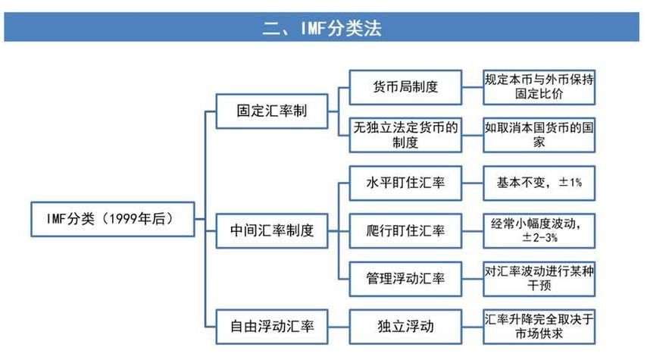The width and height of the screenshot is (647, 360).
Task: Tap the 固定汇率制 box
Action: pyautogui.click(x=261, y=111)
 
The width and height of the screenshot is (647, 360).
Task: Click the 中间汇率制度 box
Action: pyautogui.click(x=271, y=230)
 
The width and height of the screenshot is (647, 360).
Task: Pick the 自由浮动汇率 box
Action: pyautogui.click(x=271, y=327)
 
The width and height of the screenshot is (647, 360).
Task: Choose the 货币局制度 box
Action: pyautogui.click(x=406, y=86)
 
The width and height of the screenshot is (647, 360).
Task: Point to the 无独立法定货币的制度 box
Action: pyautogui.click(x=406, y=134)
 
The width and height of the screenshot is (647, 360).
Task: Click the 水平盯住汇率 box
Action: pyautogui.click(x=406, y=183)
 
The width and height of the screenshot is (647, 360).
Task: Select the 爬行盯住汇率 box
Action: pyautogui.click(x=406, y=230)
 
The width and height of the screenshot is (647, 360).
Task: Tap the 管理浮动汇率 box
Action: pyautogui.click(x=406, y=278)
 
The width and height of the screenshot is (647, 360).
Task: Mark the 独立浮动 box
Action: pyautogui.click(x=406, y=327)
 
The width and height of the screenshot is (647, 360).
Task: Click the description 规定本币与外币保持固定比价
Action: pyautogui.click(x=539, y=86)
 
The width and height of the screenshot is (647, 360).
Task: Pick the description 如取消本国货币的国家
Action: pyautogui.click(x=539, y=134)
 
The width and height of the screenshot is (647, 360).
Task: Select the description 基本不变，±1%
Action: pyautogui.click(x=539, y=183)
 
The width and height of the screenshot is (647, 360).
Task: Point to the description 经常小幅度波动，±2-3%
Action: pyautogui.click(x=539, y=230)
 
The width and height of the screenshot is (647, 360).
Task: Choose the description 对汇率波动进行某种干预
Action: pyautogui.click(x=539, y=278)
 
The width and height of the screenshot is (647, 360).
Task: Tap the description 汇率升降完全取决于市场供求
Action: pyautogui.click(x=539, y=326)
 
